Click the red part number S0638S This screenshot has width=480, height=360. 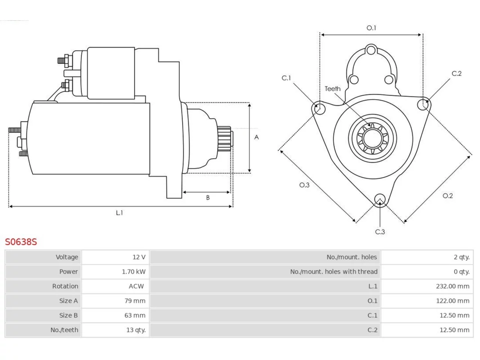(x=21, y=242)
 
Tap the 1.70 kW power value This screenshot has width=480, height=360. (x=133, y=272)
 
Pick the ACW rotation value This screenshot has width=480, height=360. (x=136, y=286)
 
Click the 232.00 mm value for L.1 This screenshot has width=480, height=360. (x=453, y=286)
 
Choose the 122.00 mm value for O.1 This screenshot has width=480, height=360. (x=453, y=301)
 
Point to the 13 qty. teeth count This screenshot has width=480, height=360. (x=136, y=330)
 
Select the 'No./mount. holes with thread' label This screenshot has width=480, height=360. (x=334, y=272)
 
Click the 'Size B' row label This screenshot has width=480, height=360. (x=69, y=315)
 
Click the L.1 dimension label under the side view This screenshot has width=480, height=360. (x=119, y=213)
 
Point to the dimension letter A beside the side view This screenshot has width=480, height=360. (x=256, y=137)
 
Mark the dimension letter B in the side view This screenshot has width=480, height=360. (x=208, y=198)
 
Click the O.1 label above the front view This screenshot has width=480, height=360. (x=371, y=28)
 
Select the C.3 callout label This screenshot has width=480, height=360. (x=380, y=232)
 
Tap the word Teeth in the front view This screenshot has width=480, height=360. (x=333, y=89)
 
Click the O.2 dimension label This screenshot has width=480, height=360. (x=448, y=196)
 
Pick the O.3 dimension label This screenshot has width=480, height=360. (x=304, y=185)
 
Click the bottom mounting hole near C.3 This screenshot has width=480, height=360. (x=380, y=199)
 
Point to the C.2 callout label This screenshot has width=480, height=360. (x=457, y=73)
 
